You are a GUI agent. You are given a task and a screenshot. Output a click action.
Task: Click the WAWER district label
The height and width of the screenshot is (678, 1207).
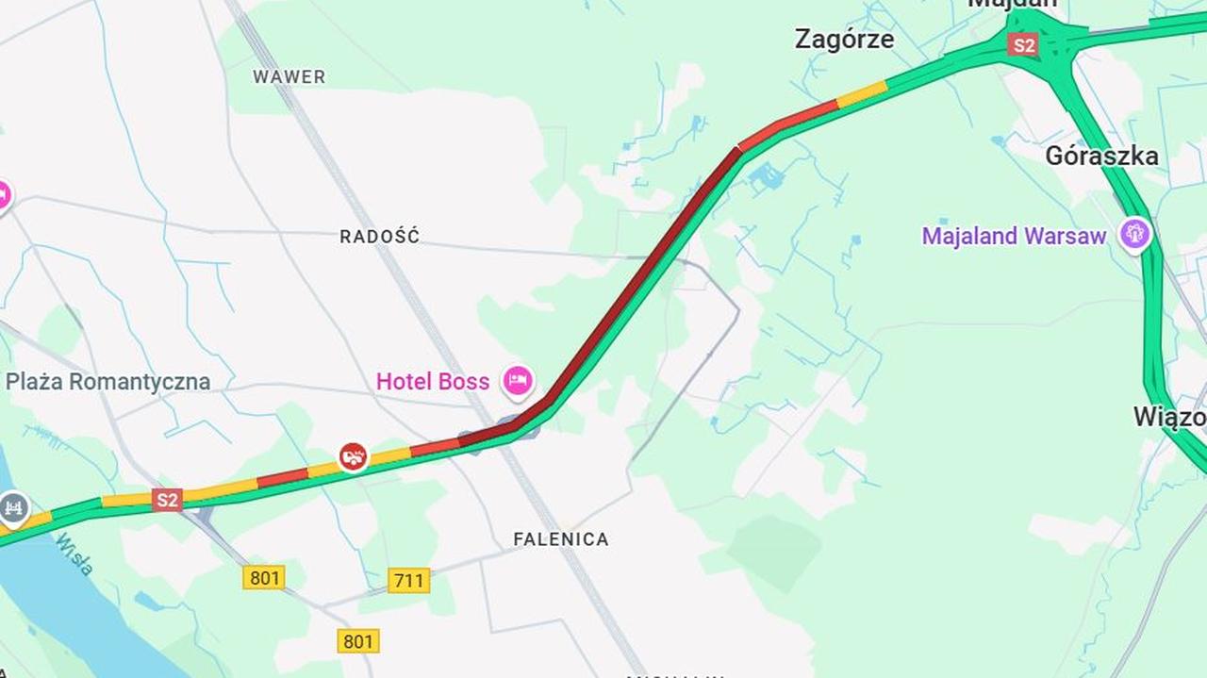(289, 76)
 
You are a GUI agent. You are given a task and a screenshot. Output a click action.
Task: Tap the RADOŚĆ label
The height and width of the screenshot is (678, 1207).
(379, 237)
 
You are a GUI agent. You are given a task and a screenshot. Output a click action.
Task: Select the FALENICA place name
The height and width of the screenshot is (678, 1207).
(560, 539)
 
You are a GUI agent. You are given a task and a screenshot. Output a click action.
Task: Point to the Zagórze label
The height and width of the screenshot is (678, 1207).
(844, 40)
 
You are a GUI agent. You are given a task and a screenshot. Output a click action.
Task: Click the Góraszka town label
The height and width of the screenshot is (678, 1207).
(1101, 157)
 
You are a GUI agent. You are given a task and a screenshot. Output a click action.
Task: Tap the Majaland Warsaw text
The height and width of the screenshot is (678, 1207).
(1014, 236)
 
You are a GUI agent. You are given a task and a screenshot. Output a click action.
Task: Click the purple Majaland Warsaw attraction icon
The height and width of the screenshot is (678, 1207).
(1134, 233)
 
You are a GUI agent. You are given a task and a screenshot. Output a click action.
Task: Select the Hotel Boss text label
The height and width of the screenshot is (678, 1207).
(433, 382)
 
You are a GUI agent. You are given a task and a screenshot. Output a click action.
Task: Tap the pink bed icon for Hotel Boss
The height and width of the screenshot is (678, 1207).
(517, 381)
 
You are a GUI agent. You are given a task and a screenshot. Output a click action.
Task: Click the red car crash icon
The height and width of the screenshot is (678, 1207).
(354, 457)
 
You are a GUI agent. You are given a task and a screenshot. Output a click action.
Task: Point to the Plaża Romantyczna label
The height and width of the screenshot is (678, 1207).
(107, 382)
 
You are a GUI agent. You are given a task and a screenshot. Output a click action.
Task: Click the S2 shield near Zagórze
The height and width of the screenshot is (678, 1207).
(1022, 44)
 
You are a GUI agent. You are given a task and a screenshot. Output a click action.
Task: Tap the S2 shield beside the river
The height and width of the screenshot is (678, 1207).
(167, 500)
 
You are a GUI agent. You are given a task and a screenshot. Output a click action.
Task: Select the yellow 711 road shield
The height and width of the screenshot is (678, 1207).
(408, 580)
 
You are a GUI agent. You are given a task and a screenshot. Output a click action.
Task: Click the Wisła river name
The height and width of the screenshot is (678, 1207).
(74, 554)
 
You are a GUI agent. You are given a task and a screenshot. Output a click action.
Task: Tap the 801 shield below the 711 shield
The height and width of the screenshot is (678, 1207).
(358, 641)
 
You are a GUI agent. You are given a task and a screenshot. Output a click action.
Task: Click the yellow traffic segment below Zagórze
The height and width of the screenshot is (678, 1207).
(862, 93)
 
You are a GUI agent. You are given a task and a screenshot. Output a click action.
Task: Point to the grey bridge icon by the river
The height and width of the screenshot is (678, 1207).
(13, 508)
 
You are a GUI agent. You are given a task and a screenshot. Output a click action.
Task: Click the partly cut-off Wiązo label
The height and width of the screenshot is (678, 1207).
(1169, 417)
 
